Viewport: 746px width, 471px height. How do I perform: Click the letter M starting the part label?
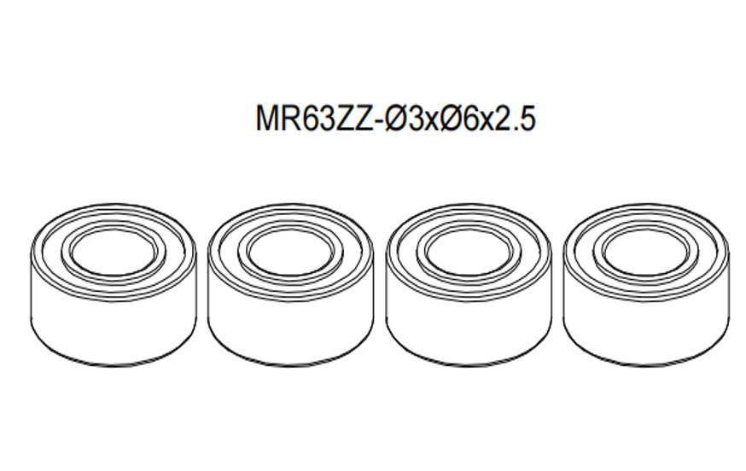[267, 119]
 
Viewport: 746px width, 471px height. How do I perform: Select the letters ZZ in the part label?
[348, 119]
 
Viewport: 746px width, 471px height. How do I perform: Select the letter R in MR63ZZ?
[288, 119]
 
